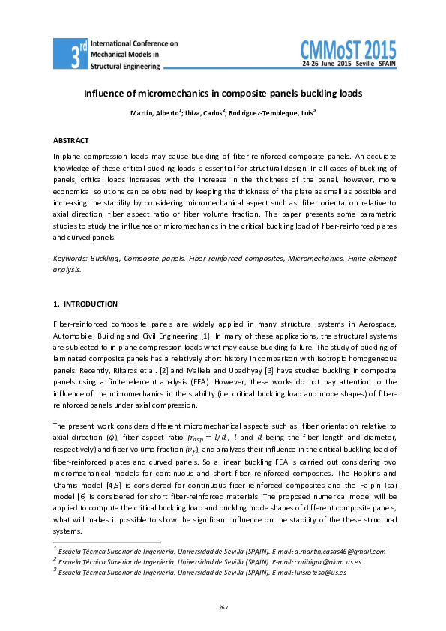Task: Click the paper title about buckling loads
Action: [223, 94]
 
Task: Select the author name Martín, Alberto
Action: [155, 113]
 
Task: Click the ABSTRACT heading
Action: [71, 141]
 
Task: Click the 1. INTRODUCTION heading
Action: [85, 304]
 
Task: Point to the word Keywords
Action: [70, 258]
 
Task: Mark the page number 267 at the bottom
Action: [223, 606]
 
